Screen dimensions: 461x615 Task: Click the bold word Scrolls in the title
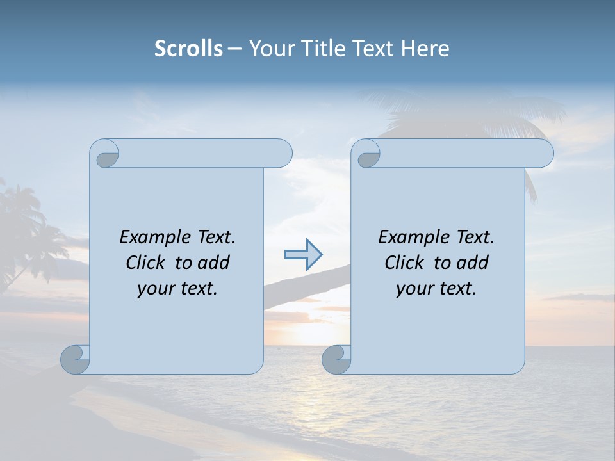point(188,49)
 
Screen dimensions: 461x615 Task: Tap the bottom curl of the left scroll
point(75,359)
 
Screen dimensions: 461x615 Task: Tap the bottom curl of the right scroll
point(336,359)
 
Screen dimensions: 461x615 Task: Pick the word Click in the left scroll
point(147,263)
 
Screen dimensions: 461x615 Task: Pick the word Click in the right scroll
point(406,263)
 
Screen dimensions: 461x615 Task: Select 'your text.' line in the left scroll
point(177,289)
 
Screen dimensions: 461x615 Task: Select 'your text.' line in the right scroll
point(436,289)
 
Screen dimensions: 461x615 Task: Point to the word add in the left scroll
point(215,263)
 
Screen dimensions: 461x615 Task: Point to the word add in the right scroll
point(473,263)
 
